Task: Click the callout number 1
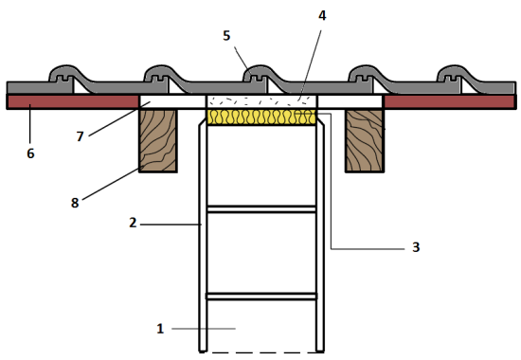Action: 160,329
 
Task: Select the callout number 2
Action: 133,223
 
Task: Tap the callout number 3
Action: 416,247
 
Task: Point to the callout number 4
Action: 322,15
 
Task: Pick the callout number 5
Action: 226,36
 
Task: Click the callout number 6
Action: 30,153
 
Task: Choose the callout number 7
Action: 80,136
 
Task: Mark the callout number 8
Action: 75,203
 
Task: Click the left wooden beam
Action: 158,140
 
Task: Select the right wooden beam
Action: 365,140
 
